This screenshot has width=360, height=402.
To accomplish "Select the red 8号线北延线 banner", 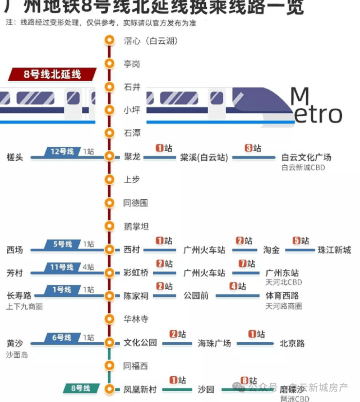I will pos(53,74).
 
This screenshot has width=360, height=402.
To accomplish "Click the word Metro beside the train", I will pos(316,107).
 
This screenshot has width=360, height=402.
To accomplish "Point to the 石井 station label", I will pos(132,87).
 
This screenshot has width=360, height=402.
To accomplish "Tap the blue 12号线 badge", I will pos(62,151).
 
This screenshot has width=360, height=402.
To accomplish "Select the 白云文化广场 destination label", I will pos(306,157).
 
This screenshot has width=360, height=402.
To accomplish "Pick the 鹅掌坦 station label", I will pos(136,227).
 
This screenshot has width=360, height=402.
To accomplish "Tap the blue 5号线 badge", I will pos(62,244).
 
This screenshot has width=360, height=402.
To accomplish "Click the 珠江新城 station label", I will pos(334,250).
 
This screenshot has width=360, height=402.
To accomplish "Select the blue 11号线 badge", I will pos(62,267).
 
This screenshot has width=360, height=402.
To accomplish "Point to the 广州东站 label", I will pos(282,273).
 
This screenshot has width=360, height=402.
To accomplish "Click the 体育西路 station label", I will pos(282,296).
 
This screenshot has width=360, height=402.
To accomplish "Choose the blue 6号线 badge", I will pos(62,337).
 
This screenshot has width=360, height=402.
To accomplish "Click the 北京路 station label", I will pos(292,343).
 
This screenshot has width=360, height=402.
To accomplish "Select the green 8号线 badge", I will pos(81,388).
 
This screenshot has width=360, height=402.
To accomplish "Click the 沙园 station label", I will pos(206,389).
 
